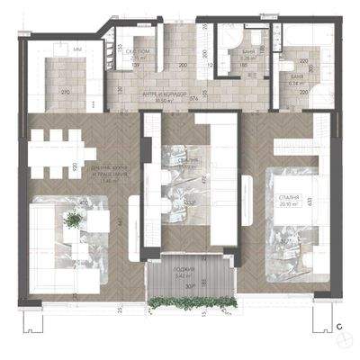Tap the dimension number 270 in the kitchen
[x=65, y=93]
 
